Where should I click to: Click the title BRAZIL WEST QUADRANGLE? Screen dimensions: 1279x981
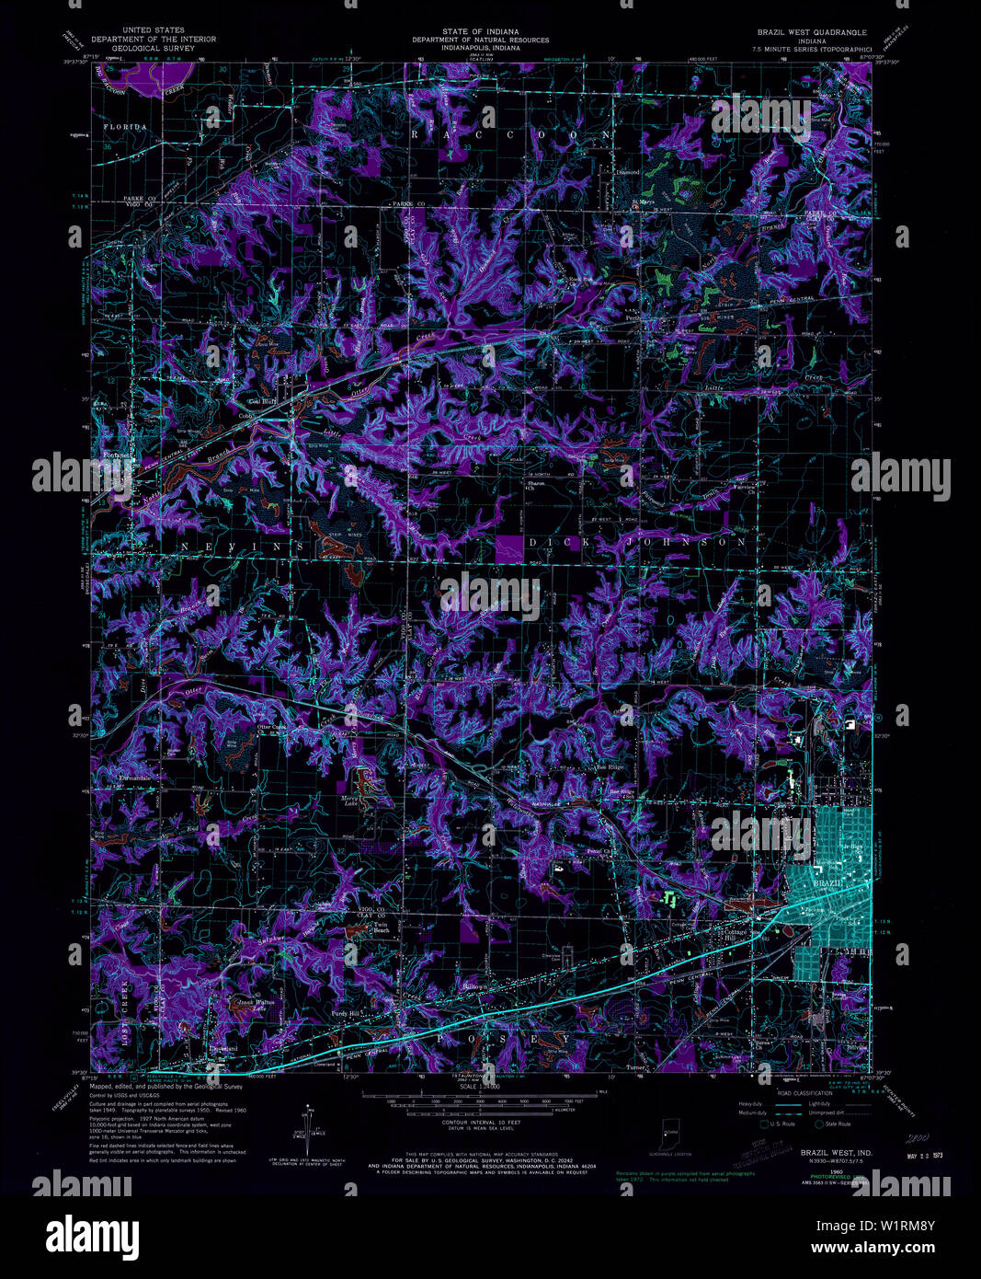(x=809, y=31)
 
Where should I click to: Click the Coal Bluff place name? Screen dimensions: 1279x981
(x=262, y=402)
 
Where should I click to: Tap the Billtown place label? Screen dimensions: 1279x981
(x=474, y=986)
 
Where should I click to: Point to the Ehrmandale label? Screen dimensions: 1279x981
(x=134, y=778)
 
